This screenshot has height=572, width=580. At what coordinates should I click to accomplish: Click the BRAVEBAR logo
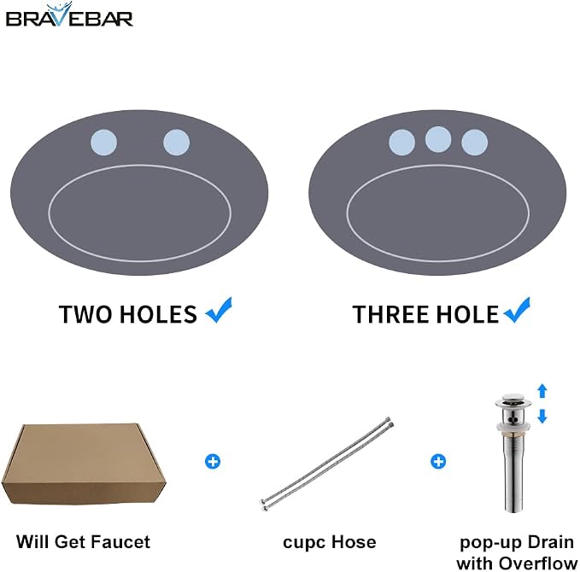(69, 15)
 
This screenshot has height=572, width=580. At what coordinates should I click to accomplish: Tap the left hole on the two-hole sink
(104, 143)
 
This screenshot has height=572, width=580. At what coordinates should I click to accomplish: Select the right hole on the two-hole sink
(177, 143)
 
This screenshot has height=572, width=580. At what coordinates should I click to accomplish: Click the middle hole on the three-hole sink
(438, 139)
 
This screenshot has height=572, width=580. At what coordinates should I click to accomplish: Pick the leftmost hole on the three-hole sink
(401, 143)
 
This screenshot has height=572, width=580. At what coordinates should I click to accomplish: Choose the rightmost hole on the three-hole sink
(475, 143)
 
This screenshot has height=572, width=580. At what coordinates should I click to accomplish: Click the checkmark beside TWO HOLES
(219, 310)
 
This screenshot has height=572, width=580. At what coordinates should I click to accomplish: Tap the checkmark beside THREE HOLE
(517, 310)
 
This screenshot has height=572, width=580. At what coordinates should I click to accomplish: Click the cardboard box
(84, 464)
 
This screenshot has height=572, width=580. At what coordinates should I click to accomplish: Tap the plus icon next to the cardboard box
(213, 462)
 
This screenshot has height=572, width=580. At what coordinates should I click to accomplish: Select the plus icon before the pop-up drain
(438, 462)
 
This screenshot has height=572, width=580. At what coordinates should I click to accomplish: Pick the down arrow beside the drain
(542, 416)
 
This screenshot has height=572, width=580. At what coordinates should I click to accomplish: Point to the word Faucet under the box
(121, 542)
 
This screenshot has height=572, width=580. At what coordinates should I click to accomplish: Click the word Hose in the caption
(354, 542)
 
